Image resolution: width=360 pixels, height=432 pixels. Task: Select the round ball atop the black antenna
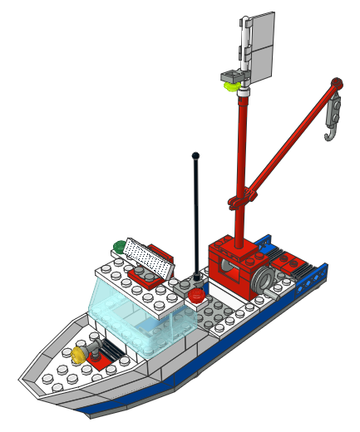tap(195, 155)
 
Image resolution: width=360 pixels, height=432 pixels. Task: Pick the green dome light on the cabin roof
tap(121, 245)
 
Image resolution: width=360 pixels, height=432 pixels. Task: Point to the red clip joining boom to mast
tap(239, 199)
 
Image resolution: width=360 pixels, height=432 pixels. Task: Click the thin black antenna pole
tap(196, 216)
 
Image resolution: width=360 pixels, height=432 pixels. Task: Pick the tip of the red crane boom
tap(337, 82)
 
